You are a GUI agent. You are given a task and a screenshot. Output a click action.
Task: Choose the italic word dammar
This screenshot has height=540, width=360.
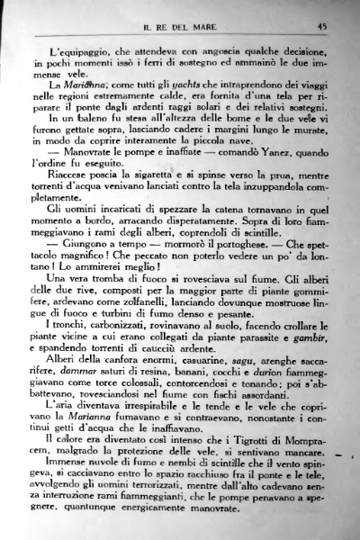tap(93, 398)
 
